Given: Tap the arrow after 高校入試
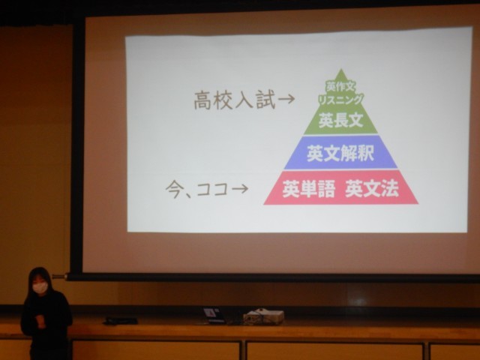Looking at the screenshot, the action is (x=286, y=99).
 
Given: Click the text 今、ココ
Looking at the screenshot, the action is (x=197, y=190).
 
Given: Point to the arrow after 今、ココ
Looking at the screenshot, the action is (x=240, y=189).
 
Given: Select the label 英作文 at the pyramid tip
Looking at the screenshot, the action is (x=340, y=87).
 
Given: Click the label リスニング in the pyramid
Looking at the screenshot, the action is (x=340, y=100).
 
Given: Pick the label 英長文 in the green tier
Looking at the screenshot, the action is (x=340, y=120).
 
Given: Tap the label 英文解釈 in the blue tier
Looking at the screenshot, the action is (x=340, y=153).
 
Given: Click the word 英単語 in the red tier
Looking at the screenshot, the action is (x=308, y=189).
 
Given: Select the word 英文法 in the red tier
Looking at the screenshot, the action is (x=372, y=189).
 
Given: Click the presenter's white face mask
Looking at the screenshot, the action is (x=40, y=286).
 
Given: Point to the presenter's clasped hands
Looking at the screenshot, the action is (x=40, y=321).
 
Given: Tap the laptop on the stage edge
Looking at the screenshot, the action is (x=214, y=315).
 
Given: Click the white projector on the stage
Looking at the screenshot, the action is (x=264, y=316).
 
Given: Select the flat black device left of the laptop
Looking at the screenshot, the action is (x=121, y=320).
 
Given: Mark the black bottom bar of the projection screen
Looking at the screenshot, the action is (x=272, y=277).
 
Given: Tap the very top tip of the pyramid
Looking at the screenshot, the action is (x=340, y=69).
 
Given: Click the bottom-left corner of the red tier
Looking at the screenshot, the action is (x=264, y=205).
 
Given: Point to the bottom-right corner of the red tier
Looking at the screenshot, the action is (x=418, y=203).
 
